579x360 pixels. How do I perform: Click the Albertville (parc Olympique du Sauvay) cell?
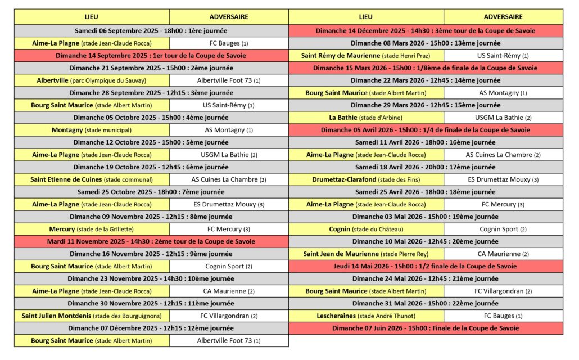coord(92,80)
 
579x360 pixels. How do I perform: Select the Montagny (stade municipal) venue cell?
coord(92,130)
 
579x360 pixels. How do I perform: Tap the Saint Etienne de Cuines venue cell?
coord(92,179)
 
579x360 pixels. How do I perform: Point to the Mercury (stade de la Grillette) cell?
coord(92,229)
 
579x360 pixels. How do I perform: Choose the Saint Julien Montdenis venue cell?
coord(92,316)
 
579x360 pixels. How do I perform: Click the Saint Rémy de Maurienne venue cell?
coord(366,56)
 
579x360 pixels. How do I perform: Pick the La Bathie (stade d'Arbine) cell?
coord(366,118)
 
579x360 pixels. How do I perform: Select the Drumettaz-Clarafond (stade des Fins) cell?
coord(366,179)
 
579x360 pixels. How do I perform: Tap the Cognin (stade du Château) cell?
coord(366,229)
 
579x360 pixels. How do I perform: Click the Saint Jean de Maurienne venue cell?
coord(366,254)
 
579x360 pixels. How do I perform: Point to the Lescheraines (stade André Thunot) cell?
coord(366,316)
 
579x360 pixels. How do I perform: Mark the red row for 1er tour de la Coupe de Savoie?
coord(151,56)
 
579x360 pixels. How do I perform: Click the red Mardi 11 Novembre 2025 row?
coord(151,241)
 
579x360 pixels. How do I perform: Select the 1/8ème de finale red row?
coord(426,68)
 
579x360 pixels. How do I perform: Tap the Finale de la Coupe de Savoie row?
coord(426,328)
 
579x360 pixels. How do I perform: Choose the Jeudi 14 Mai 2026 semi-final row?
coord(426,266)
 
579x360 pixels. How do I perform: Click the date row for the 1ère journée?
coord(151,31)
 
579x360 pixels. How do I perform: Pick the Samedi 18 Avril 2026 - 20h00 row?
coord(426,167)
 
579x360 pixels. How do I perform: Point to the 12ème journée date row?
coord(151,328)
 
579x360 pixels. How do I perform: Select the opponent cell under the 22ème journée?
coord(503,316)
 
